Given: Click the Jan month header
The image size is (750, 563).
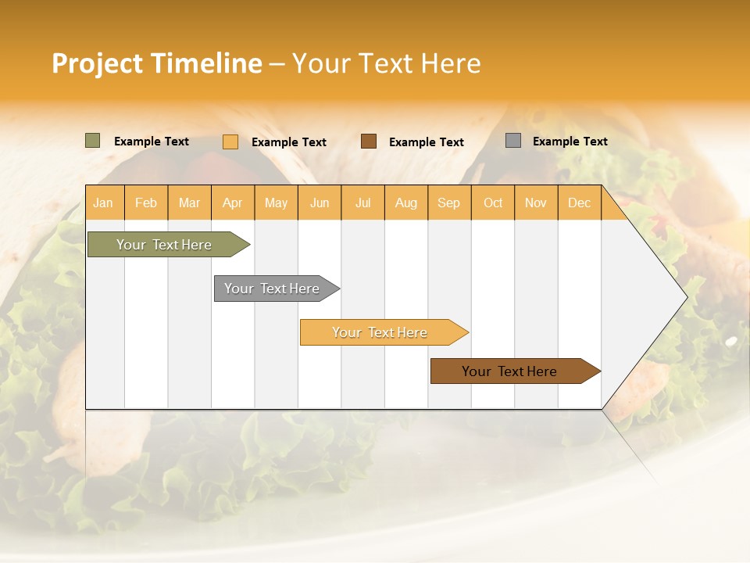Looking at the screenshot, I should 104,203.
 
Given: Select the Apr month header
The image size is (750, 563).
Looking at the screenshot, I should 233,203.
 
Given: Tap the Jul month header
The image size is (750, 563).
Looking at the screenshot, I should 362,203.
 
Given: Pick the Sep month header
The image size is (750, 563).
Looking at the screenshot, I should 449,203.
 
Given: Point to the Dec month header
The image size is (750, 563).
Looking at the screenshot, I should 579,203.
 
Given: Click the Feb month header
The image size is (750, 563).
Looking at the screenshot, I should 146,203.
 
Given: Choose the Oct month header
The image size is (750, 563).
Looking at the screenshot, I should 493,203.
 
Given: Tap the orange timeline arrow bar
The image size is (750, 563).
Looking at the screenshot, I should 380,332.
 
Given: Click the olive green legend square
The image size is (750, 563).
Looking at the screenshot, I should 93,141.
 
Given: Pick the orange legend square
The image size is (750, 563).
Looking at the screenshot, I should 230,142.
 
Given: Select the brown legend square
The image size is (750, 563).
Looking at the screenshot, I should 369,141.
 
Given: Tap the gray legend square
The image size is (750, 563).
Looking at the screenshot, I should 513,141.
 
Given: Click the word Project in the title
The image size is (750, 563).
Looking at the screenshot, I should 98,63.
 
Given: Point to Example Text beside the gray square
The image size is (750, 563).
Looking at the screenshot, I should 570,142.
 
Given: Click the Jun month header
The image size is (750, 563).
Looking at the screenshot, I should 320,203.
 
